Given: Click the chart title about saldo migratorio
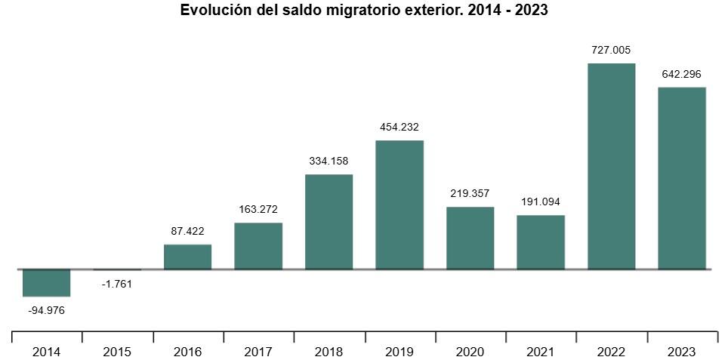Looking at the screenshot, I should (x=363, y=11).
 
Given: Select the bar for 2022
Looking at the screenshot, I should (x=611, y=166).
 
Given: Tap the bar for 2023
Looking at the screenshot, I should (x=682, y=178).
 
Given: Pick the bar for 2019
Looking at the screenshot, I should (x=399, y=205).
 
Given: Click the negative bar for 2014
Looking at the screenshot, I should (x=47, y=283).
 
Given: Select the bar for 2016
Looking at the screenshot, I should (x=187, y=257).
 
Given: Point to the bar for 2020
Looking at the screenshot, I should (x=470, y=238).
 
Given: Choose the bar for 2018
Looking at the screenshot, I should (x=329, y=222).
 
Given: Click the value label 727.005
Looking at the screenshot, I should (x=611, y=51).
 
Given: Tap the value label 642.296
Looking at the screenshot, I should (x=682, y=75).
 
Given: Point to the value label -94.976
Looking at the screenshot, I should (x=47, y=309).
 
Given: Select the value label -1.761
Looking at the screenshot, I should (x=117, y=284).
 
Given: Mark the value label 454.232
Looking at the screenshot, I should (x=399, y=128).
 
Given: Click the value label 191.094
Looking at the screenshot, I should (x=541, y=202).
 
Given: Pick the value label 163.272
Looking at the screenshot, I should (x=258, y=210).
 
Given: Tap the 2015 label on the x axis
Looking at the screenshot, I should (x=117, y=352).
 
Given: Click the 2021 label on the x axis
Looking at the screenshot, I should (x=541, y=352).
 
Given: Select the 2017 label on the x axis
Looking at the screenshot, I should (x=258, y=352).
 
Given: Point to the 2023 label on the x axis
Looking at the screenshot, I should (x=682, y=352).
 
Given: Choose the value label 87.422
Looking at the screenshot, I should (x=187, y=232).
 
